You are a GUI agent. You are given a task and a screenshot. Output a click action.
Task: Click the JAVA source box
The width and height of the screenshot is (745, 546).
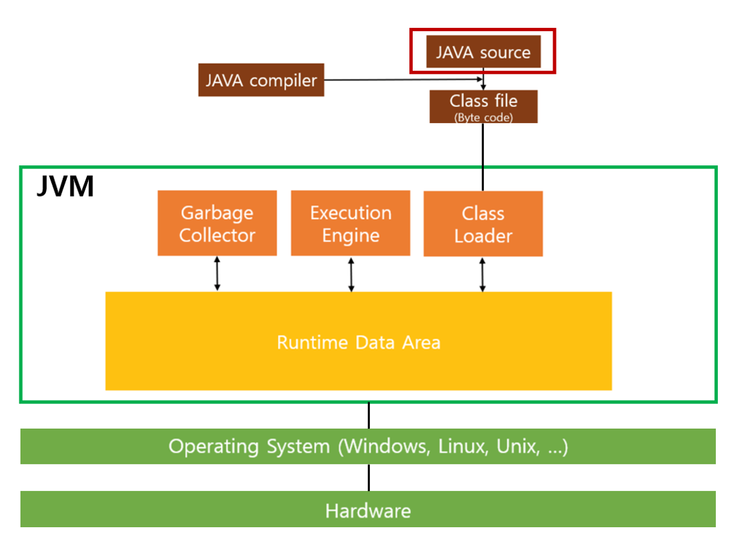tap(483, 52)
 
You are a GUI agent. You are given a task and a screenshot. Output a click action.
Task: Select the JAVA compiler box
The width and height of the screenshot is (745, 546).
tap(261, 80)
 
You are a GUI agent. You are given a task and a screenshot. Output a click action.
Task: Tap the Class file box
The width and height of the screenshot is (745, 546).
tap(483, 106)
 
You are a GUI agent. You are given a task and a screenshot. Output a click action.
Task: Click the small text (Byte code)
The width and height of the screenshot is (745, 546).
tap(483, 117)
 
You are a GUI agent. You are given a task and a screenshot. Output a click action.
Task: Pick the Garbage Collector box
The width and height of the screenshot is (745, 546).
tap(217, 223)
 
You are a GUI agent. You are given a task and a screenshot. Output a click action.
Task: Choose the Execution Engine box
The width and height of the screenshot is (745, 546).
tap(350, 223)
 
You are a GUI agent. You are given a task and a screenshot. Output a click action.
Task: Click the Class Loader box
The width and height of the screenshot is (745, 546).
tap(483, 224)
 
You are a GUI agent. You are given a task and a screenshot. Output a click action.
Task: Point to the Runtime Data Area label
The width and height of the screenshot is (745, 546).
tap(358, 342)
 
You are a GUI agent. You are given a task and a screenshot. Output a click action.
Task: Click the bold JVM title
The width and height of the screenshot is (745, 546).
tap(65, 187)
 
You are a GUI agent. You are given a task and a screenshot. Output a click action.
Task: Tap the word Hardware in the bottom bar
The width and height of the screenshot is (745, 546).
tap(368, 510)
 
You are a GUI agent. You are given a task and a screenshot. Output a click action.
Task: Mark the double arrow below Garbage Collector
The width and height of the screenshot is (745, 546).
tap(217, 274)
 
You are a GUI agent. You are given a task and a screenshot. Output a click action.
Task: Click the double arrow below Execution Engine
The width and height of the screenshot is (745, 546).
tap(351, 274)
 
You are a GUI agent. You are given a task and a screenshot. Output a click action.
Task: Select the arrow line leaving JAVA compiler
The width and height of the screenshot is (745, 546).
tap(402, 80)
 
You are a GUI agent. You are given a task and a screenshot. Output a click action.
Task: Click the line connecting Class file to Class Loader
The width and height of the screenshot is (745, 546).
tap(483, 156)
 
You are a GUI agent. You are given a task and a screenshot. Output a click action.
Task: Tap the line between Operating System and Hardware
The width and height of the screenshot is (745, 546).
tap(369, 477)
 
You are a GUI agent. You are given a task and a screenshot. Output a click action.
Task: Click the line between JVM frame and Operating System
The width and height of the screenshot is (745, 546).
tap(369, 415)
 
